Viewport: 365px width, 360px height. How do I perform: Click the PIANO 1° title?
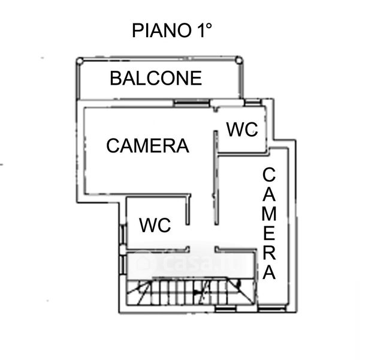[x=172, y=30]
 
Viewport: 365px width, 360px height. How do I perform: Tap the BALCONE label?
[x=156, y=78]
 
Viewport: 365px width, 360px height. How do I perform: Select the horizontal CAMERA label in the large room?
[x=147, y=145]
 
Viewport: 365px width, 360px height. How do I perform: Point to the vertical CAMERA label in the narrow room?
[x=269, y=224]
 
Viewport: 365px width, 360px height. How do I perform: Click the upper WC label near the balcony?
[x=242, y=130]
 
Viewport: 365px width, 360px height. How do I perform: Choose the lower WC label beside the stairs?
[x=155, y=225]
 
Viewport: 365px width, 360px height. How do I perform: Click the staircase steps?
[x=191, y=292]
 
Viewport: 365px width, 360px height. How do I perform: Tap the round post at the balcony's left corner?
[x=80, y=61]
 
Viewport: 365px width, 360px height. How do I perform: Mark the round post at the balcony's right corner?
[x=239, y=61]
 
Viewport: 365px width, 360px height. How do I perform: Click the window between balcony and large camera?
[x=192, y=103]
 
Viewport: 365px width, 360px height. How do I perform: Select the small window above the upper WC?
[x=252, y=102]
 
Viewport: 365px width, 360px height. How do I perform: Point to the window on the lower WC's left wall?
[x=123, y=235]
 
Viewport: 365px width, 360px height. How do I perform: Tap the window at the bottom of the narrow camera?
[x=273, y=309]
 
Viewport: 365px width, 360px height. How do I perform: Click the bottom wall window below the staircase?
[x=225, y=309]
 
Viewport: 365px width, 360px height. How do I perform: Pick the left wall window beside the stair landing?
[x=123, y=264]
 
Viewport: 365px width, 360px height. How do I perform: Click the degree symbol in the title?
[x=209, y=26]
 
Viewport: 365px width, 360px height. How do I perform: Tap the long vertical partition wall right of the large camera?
[x=216, y=178]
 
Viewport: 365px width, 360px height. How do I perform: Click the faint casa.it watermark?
[x=191, y=263]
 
